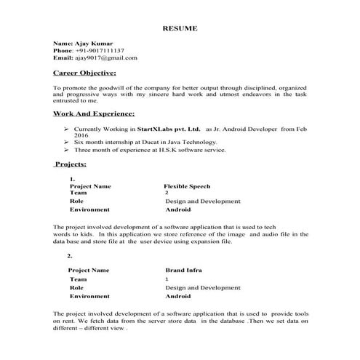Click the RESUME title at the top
(179, 28)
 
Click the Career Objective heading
(84, 73)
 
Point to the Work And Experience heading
(94, 114)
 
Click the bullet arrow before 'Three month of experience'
(66, 150)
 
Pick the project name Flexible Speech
(188, 186)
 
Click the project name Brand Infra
(185, 270)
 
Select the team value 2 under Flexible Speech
(167, 193)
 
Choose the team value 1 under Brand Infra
(167, 279)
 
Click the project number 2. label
(70, 256)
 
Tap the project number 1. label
(72, 179)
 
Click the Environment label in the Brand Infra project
(89, 297)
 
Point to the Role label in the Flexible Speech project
(76, 201)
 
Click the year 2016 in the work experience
(81, 135)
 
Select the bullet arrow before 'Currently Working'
(66, 129)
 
